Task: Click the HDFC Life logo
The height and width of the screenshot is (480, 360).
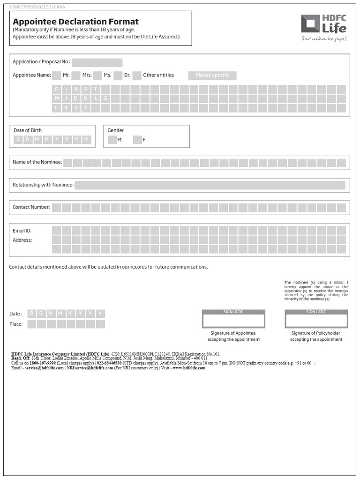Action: (x=323, y=28)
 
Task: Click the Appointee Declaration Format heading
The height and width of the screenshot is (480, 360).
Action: (x=75, y=22)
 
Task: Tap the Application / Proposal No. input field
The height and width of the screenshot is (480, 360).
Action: (x=97, y=62)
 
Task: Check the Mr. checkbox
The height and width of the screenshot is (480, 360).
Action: (x=56, y=75)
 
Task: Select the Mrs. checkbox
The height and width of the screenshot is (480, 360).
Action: (x=76, y=75)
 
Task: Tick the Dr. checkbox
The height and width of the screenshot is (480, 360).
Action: (x=118, y=75)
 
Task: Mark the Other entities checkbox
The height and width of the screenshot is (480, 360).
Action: (x=137, y=75)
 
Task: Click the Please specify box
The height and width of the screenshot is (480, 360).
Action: (x=212, y=75)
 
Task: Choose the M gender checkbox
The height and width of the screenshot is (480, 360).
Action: (x=112, y=140)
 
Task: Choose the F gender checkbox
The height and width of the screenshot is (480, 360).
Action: (x=137, y=140)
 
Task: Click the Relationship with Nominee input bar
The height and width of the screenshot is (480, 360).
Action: (x=210, y=185)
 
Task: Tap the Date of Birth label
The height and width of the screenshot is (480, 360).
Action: (x=28, y=130)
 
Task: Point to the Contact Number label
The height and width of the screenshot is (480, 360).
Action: (x=31, y=207)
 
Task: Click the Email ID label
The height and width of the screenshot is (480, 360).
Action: (x=22, y=231)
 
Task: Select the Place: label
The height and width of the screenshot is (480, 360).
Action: (x=16, y=324)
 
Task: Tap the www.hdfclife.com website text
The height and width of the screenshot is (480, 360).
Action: (x=189, y=368)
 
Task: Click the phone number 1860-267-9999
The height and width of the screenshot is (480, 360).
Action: (x=43, y=363)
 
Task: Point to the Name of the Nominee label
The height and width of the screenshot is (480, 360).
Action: (x=37, y=162)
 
